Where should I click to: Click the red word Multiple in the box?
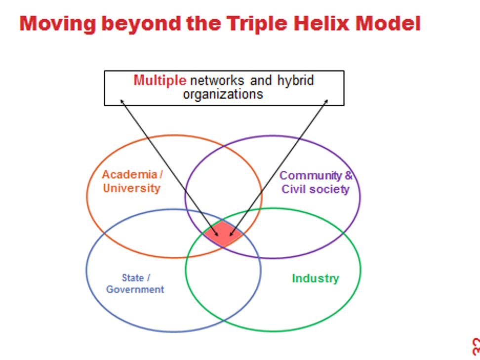point(160,80)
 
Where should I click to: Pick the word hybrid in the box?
point(295,80)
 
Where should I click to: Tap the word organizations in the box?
point(223,94)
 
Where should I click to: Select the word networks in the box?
point(217,80)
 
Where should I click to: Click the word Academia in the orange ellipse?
point(129,174)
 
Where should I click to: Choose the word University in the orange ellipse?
point(132,188)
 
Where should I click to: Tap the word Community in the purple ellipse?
point(311,176)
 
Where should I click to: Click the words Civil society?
point(315,189)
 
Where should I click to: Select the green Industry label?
point(316,278)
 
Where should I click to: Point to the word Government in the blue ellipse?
point(135,289)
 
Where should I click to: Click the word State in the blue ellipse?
point(132,278)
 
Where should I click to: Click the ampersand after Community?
point(349,175)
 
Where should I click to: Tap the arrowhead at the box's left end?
point(121,101)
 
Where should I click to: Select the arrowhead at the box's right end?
point(326,101)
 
